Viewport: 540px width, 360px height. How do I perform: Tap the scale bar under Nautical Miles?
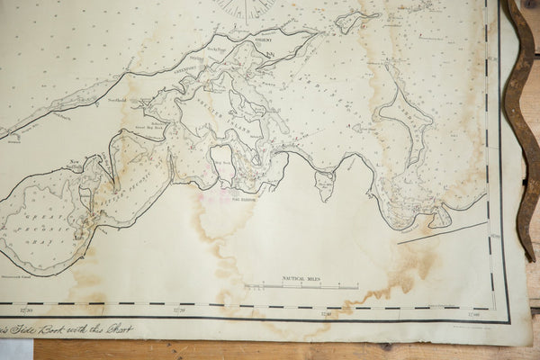(301, 287)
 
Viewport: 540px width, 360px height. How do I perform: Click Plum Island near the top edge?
(356, 18)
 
